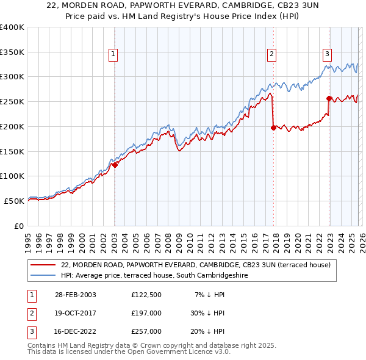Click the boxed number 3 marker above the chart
(327, 54)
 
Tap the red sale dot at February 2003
(115, 164)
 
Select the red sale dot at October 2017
(273, 128)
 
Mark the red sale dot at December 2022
(329, 98)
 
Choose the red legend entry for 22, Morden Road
(195, 265)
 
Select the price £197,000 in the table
(146, 313)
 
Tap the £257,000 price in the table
(146, 331)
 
